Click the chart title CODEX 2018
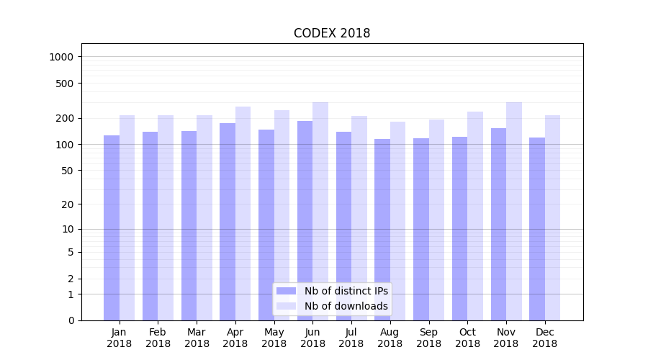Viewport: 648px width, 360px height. (x=332, y=34)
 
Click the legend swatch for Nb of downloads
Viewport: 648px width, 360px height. (x=287, y=306)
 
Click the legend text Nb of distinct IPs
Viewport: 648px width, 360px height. (x=346, y=291)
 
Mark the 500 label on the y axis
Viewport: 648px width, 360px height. (x=65, y=84)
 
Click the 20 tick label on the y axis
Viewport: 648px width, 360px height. (x=68, y=204)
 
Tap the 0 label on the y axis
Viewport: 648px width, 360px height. (x=71, y=320)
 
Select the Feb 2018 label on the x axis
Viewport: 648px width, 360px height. (x=158, y=338)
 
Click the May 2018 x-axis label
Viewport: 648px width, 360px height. (x=274, y=338)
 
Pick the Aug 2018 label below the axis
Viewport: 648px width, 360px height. (x=390, y=338)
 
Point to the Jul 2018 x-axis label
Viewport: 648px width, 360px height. (x=351, y=338)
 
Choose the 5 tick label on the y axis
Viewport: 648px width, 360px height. (x=71, y=252)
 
